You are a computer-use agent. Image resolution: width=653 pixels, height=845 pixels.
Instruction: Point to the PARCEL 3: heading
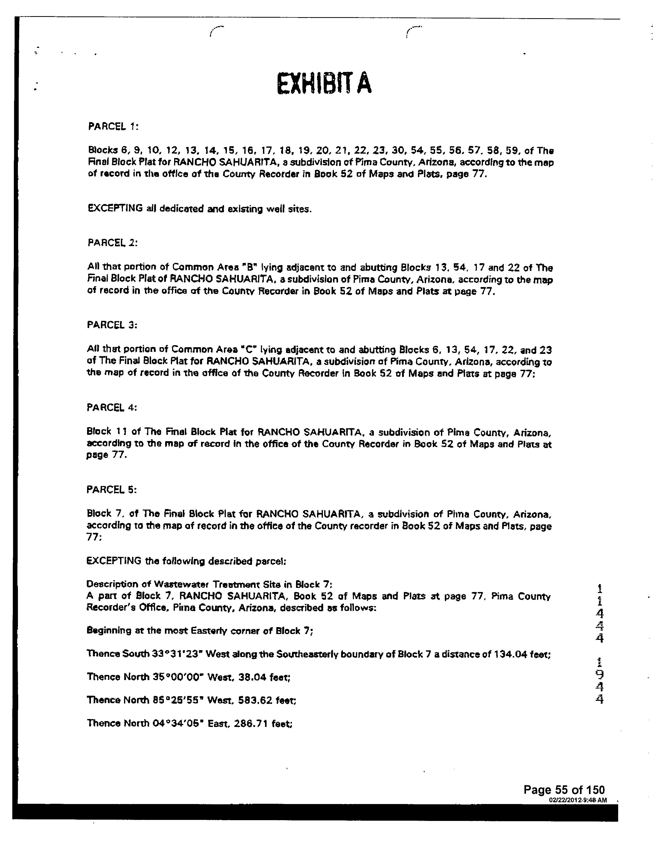tap(112, 325)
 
